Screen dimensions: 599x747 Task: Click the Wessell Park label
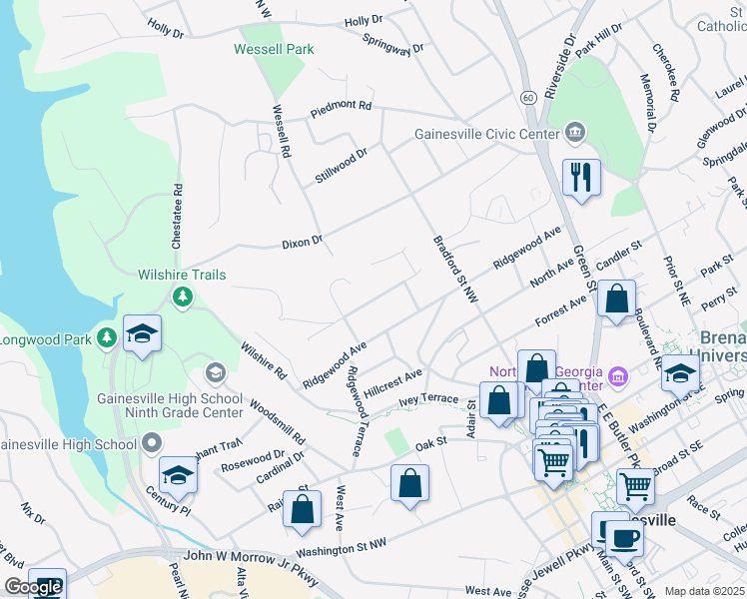coord(274,49)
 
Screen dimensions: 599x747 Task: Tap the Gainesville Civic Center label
coord(488,133)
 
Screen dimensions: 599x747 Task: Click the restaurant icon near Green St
coord(581,178)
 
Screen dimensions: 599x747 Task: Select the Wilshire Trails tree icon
coord(182,296)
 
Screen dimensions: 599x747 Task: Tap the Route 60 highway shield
coord(527,97)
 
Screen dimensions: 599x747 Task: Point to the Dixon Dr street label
coord(303,241)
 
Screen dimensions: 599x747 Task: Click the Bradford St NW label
coord(456,270)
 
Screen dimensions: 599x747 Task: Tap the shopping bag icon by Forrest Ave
coord(618,299)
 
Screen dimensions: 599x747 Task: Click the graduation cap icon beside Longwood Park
coord(142,333)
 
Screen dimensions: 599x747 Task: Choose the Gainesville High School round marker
coord(151,441)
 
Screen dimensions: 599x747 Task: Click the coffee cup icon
coord(625,539)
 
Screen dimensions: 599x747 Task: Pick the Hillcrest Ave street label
coord(393,383)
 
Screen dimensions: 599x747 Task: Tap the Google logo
coord(34,587)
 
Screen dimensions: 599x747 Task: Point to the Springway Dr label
coord(393,47)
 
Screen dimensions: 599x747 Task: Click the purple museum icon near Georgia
coord(618,376)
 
